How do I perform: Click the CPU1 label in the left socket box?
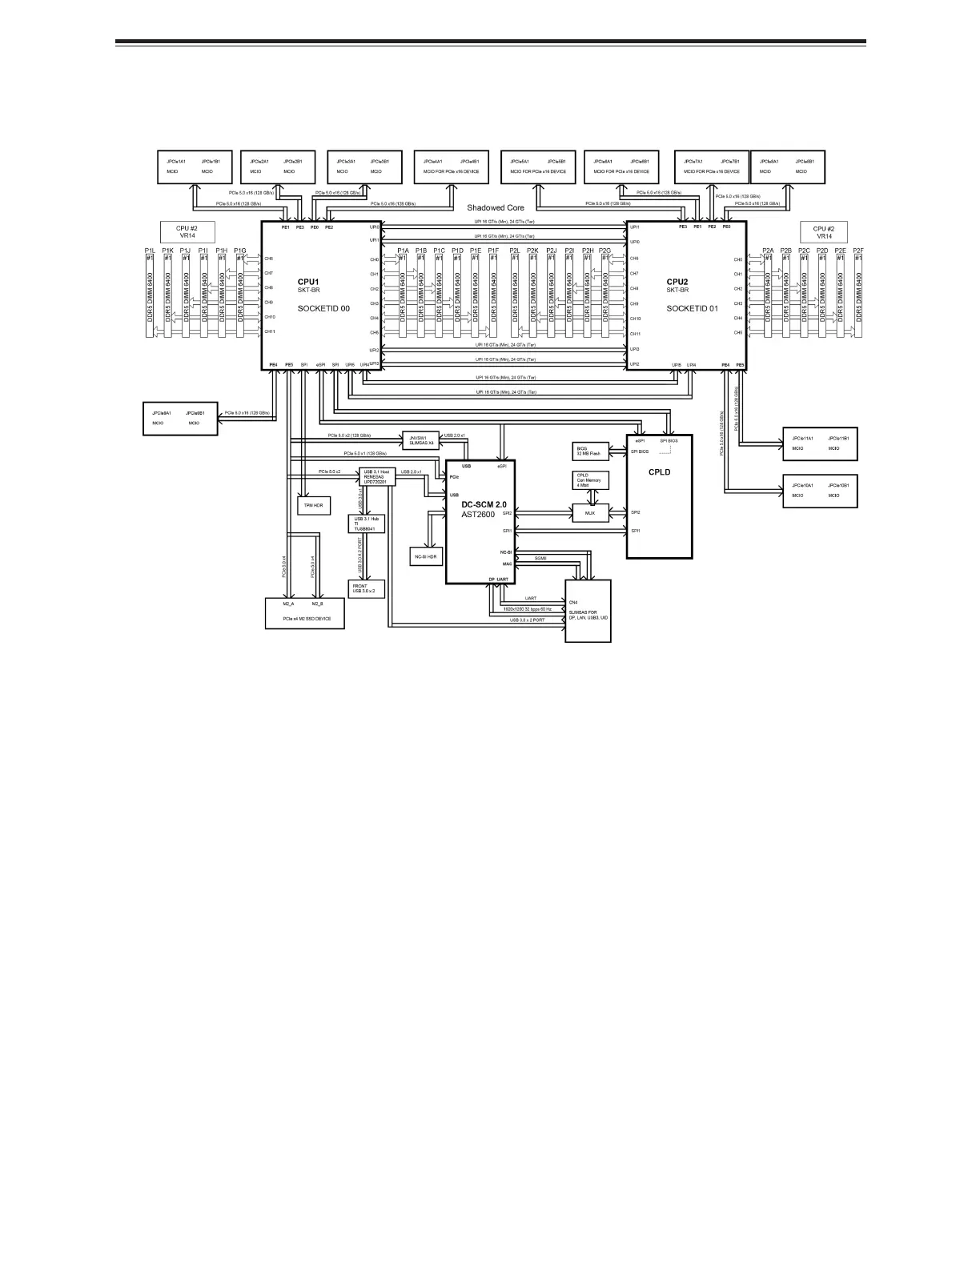[x=308, y=282]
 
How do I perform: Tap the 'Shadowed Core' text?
[x=496, y=207]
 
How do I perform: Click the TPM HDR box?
[x=314, y=505]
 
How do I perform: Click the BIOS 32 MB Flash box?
[x=591, y=451]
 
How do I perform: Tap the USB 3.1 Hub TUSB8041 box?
[x=365, y=524]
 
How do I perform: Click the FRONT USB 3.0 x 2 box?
[x=366, y=588]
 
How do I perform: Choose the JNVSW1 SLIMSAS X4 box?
[x=421, y=439]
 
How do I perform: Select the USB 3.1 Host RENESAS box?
[x=378, y=477]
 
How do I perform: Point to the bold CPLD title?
[x=659, y=471]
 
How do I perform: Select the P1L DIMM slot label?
[x=150, y=251]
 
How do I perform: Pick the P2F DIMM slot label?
[x=858, y=251]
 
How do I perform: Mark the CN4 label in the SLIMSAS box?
[x=573, y=602]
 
